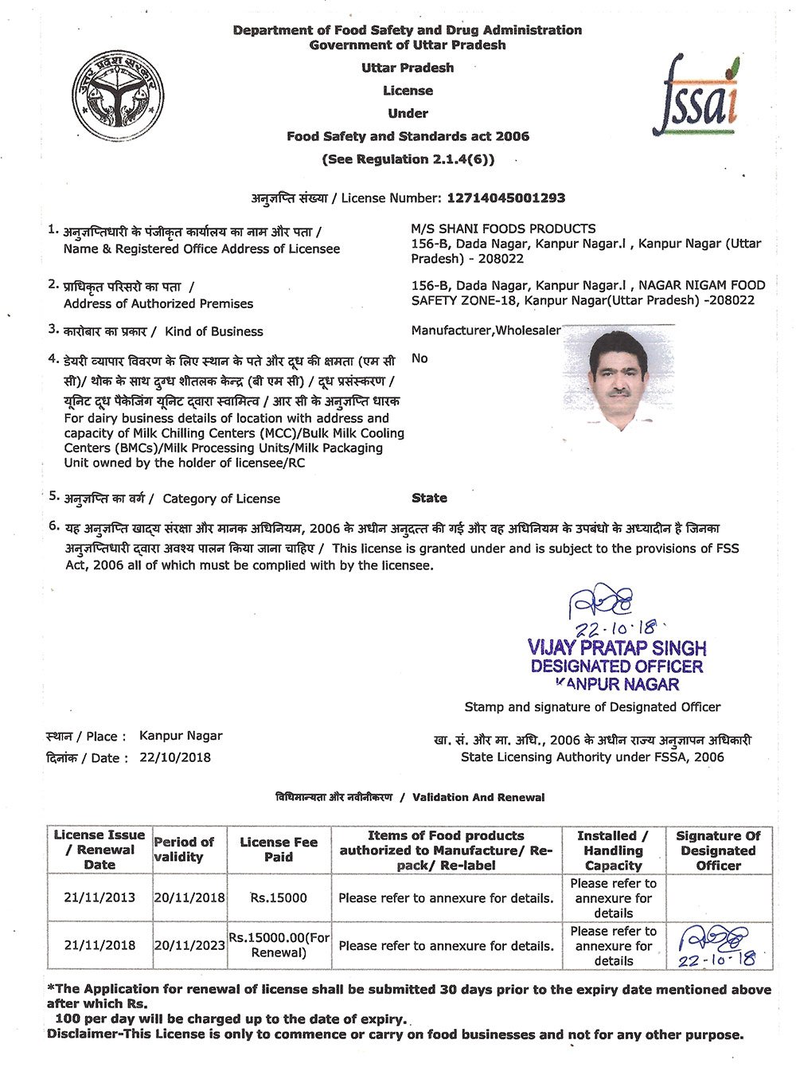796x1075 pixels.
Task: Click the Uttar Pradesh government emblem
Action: [117, 96]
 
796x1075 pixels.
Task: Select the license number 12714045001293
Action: [506, 197]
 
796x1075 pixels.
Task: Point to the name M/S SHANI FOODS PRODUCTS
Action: [503, 229]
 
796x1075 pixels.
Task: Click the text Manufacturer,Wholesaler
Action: [486, 330]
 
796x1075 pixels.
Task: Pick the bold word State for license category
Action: [429, 498]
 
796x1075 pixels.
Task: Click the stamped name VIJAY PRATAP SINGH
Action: [617, 647]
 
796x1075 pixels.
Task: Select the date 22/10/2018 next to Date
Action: [175, 757]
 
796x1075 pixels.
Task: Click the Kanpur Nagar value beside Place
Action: [181, 736]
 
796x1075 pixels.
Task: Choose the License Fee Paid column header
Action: [279, 850]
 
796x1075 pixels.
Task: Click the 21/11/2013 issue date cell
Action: [99, 897]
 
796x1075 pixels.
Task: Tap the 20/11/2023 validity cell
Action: [189, 945]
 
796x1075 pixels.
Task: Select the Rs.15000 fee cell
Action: [279, 897]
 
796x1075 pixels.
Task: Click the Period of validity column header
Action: [184, 850]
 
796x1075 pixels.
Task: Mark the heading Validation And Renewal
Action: [478, 797]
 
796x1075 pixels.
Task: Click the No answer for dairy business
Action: [419, 358]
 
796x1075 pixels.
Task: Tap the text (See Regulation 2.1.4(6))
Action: [408, 159]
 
